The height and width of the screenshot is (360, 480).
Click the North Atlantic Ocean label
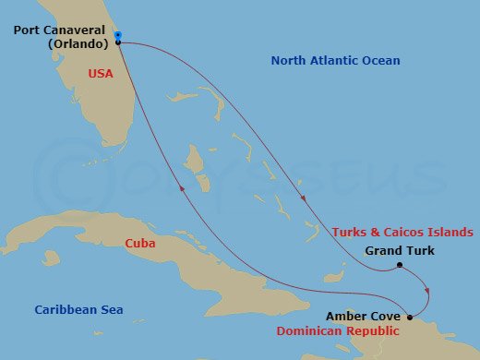[335, 61]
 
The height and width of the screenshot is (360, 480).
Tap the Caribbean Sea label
[78, 310]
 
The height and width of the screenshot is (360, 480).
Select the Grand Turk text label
[400, 250]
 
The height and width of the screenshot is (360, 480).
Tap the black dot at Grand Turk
[399, 266]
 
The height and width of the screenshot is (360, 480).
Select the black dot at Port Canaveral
[118, 42]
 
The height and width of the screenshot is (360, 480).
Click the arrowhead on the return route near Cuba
[185, 187]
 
